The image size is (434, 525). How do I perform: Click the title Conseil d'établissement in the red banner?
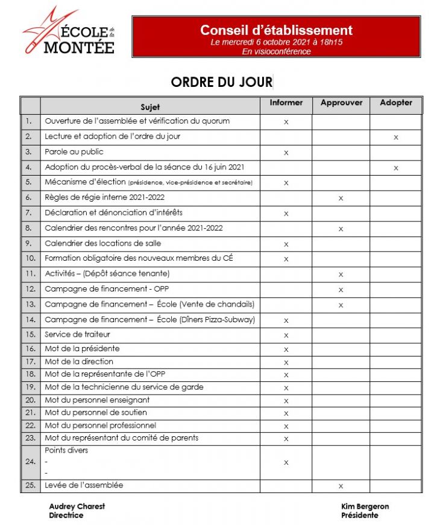point(276,30)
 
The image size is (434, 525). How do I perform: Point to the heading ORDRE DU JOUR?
point(221,82)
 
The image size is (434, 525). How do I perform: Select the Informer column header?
point(286,103)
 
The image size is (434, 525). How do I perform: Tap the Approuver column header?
point(341,103)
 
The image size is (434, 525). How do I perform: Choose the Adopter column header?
point(395,103)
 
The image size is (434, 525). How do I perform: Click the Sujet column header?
point(150,107)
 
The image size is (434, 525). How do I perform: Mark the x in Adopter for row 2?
point(395,138)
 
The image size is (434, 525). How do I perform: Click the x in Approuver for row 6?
point(341,198)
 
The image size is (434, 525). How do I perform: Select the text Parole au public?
point(74,152)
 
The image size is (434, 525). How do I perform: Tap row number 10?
point(30,258)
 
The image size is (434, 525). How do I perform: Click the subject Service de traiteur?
point(77,334)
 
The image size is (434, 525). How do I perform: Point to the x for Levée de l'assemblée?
point(341,486)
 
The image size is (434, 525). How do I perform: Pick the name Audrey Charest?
point(77,506)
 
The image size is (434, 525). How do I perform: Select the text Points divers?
point(66,450)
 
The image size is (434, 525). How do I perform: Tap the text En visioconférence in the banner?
point(276,52)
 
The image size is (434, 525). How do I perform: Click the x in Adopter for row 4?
point(395,168)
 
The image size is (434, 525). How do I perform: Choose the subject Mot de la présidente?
point(82,348)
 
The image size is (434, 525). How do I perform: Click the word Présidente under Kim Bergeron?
point(360,515)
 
